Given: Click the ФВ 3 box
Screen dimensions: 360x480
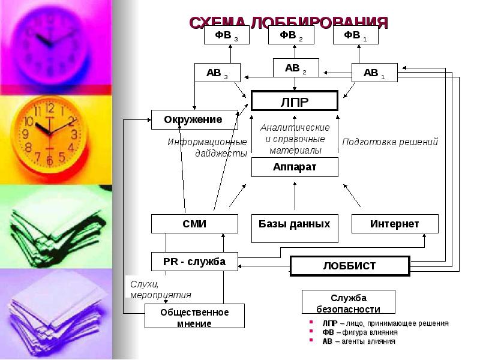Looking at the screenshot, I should (226, 35).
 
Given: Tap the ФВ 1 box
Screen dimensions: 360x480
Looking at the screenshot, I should (355, 35).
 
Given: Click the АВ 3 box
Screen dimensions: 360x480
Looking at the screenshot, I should (217, 73).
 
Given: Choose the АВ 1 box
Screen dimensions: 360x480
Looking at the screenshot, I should (374, 73).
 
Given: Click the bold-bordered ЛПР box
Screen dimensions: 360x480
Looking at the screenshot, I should (295, 101).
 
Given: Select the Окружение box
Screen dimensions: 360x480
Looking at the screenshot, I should (193, 119).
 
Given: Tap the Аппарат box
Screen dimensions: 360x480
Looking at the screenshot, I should (295, 167).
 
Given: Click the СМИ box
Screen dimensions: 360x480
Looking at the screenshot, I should (194, 224).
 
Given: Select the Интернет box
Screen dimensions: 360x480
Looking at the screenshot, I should (394, 224).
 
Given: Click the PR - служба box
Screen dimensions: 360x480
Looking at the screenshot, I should (194, 262).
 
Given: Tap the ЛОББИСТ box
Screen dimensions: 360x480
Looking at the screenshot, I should (349, 265).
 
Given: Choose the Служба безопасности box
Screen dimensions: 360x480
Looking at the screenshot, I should (348, 303).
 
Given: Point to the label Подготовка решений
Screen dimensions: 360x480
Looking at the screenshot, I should (390, 142).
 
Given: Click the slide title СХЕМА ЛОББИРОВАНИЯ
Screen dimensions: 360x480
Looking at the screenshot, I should (289, 22).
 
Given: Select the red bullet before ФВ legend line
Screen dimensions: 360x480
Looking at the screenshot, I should (311, 332).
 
